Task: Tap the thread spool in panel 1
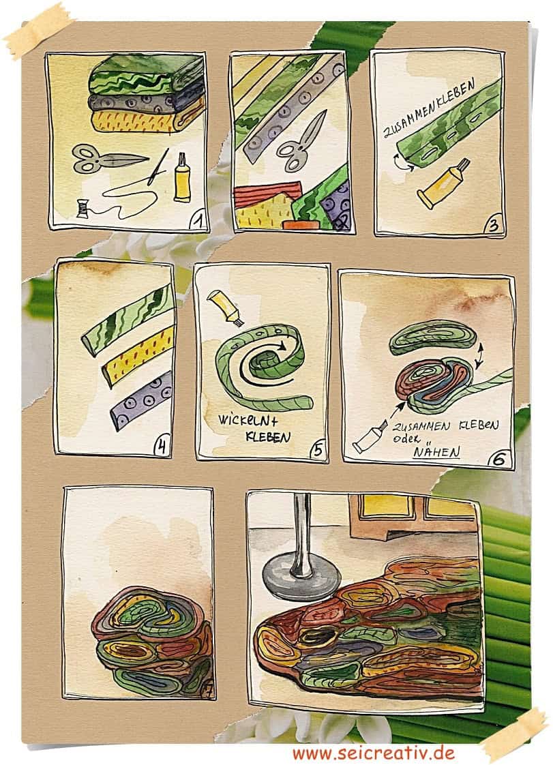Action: click(x=83, y=209)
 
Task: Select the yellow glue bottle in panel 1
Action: click(x=183, y=177)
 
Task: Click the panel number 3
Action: click(x=494, y=226)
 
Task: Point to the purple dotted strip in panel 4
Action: click(x=142, y=400)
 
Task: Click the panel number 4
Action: click(x=162, y=447)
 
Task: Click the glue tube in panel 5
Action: click(x=225, y=308)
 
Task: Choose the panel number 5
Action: click(x=318, y=450)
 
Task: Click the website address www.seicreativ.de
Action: click(x=374, y=753)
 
